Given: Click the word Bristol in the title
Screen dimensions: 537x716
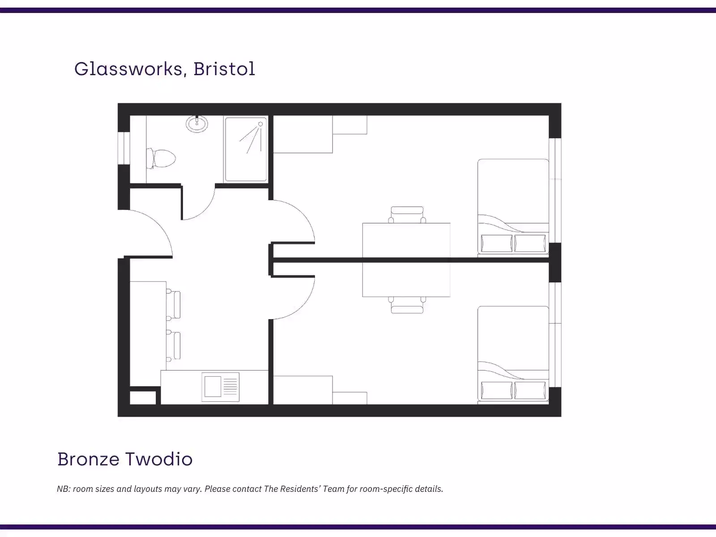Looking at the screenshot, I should tap(224, 69).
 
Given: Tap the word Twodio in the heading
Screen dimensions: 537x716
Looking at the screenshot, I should tap(158, 459).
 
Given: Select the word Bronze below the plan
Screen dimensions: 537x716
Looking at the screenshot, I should tap(88, 459).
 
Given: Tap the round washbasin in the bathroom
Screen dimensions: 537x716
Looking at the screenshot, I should tap(197, 124).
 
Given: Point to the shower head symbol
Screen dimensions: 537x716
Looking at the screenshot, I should tap(260, 124).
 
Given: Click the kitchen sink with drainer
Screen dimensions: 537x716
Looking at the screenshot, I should tap(220, 387).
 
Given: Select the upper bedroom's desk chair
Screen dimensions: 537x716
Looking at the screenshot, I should tap(407, 214).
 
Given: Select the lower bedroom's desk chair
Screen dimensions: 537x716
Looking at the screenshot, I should tap(407, 305).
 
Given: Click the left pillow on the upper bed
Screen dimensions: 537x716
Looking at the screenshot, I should tap(496, 244).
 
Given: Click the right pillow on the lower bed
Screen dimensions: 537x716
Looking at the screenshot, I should tap(530, 390).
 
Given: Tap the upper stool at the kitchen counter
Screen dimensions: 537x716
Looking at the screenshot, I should tap(175, 305).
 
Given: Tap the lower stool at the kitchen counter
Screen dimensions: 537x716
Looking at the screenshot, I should tap(175, 345).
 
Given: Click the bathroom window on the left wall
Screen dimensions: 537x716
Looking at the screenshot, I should tap(124, 148).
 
